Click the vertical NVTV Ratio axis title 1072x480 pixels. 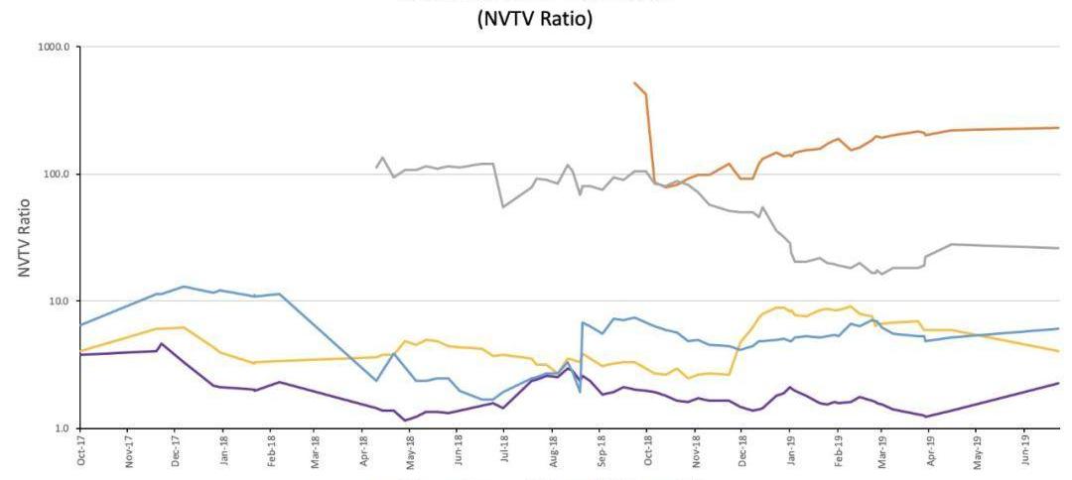tap(22, 237)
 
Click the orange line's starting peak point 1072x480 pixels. tap(634, 83)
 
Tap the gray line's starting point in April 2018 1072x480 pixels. tap(376, 168)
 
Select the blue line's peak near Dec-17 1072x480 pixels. tap(184, 287)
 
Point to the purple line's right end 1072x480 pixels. tap(1059, 383)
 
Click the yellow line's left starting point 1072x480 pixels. tap(80, 351)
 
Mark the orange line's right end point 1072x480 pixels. tap(1059, 127)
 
